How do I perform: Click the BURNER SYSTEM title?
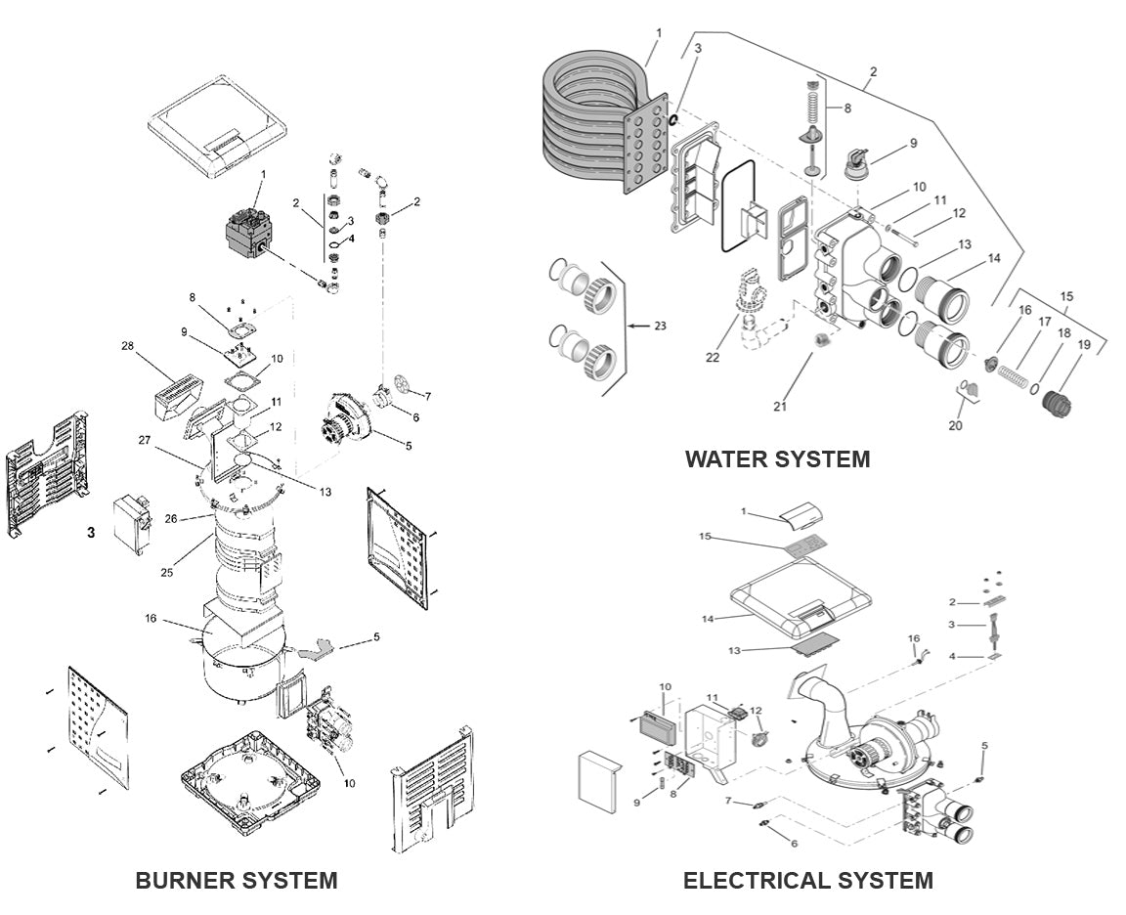click(236, 880)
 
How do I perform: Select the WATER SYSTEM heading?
click(777, 458)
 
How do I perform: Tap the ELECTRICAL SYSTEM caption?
click(807, 880)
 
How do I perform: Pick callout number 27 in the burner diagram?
click(145, 440)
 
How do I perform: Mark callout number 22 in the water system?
click(713, 358)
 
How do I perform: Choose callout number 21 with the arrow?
click(780, 407)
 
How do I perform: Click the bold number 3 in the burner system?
click(91, 533)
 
